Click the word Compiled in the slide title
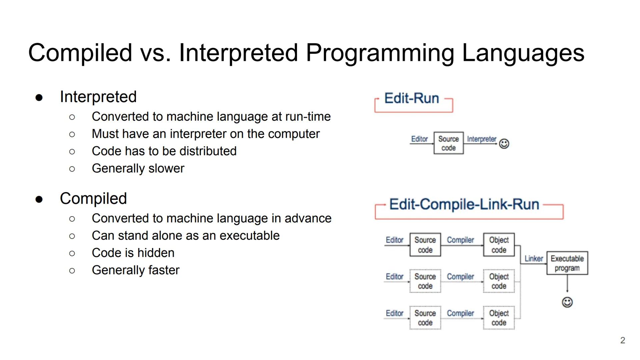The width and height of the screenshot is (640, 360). point(80,53)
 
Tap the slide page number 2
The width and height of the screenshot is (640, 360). point(622,340)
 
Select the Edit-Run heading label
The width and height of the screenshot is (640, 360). point(412,98)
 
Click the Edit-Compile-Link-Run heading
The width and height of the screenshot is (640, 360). point(464,204)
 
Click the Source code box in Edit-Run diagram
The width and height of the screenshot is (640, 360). point(448,143)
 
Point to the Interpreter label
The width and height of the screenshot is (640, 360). point(481,139)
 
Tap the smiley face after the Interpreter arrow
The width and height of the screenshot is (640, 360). point(504,144)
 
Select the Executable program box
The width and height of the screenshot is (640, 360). point(567,263)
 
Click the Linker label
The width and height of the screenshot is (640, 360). point(533,259)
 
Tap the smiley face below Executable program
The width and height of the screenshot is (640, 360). point(567,302)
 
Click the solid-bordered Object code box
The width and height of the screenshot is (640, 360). point(499,245)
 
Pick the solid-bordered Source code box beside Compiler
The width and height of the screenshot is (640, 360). point(425,245)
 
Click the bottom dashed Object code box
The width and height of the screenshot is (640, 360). point(499,318)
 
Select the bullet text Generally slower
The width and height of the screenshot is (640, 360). point(138,168)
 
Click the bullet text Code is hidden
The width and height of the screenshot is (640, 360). point(133,253)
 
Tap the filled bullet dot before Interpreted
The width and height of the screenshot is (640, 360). point(39,98)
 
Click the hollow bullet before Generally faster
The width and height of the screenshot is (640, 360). point(72,271)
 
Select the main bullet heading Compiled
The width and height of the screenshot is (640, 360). point(93,199)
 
